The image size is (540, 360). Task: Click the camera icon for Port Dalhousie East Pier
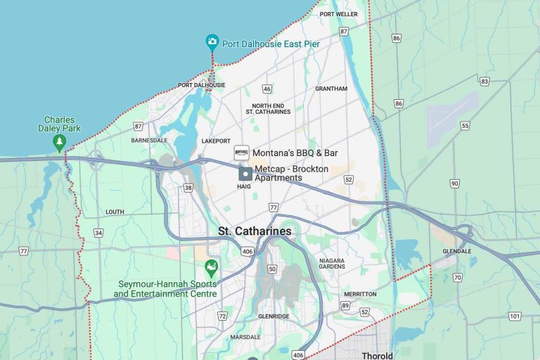[212, 42]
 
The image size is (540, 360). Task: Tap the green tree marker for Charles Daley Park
[59, 143]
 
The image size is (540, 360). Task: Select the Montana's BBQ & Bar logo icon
[242, 153]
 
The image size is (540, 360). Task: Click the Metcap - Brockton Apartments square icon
[245, 174]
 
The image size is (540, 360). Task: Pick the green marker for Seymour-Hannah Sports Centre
[209, 268]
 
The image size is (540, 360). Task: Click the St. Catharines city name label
[255, 231]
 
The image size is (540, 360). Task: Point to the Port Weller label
[338, 14]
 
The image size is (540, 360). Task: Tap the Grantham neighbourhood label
[331, 89]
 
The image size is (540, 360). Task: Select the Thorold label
[377, 355]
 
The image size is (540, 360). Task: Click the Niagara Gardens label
[332, 263]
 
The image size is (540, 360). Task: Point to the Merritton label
[360, 294]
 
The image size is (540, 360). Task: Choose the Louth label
[115, 212]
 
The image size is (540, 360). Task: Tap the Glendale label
[457, 251]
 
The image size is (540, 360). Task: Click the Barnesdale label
[149, 140]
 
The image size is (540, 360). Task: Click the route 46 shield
[266, 89]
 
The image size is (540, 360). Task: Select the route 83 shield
[484, 82]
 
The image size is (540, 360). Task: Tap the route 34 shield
[98, 233]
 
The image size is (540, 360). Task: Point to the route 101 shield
[515, 316]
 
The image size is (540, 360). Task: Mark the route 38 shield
[188, 188]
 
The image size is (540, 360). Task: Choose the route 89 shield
[345, 305]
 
